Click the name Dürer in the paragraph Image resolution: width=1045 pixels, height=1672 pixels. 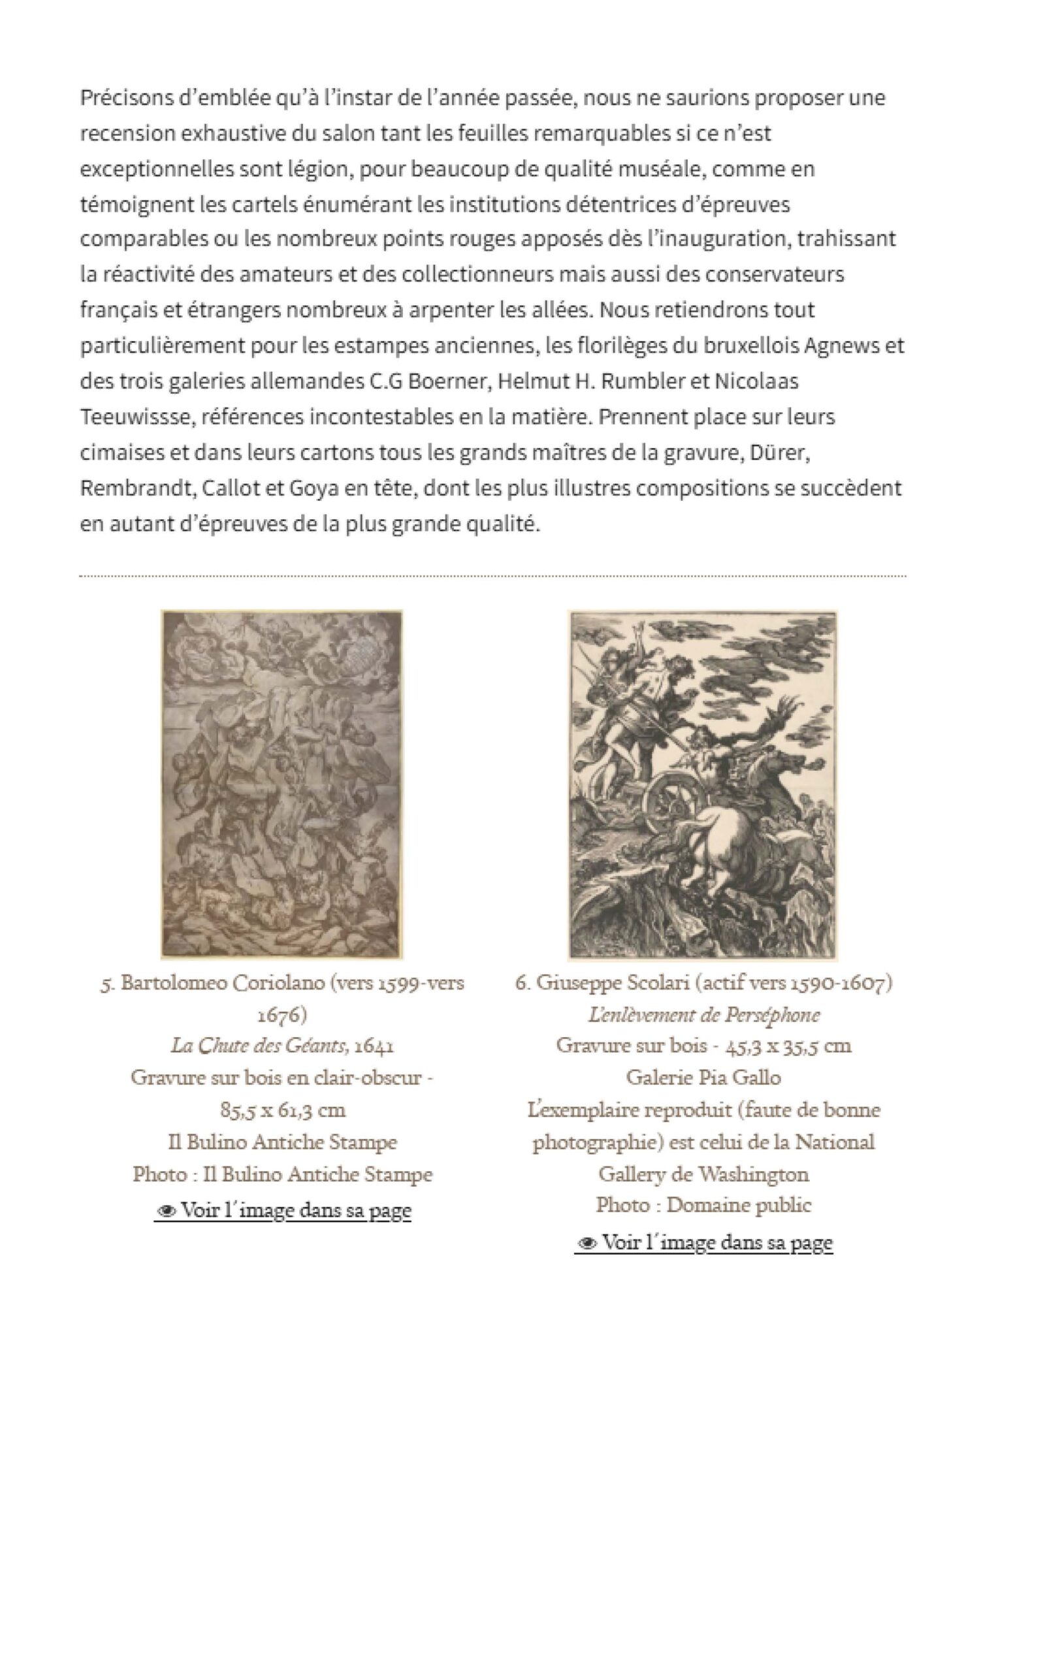[783, 453]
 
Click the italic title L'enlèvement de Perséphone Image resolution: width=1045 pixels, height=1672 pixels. [703, 1015]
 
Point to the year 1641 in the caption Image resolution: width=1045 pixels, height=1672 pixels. [374, 1046]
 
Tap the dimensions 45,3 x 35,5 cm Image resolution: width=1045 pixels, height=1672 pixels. [788, 1046]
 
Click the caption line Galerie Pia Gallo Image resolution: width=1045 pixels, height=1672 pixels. [703, 1078]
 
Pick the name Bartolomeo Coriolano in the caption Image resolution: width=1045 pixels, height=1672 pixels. [223, 982]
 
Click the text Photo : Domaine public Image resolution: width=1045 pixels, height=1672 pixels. [703, 1205]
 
